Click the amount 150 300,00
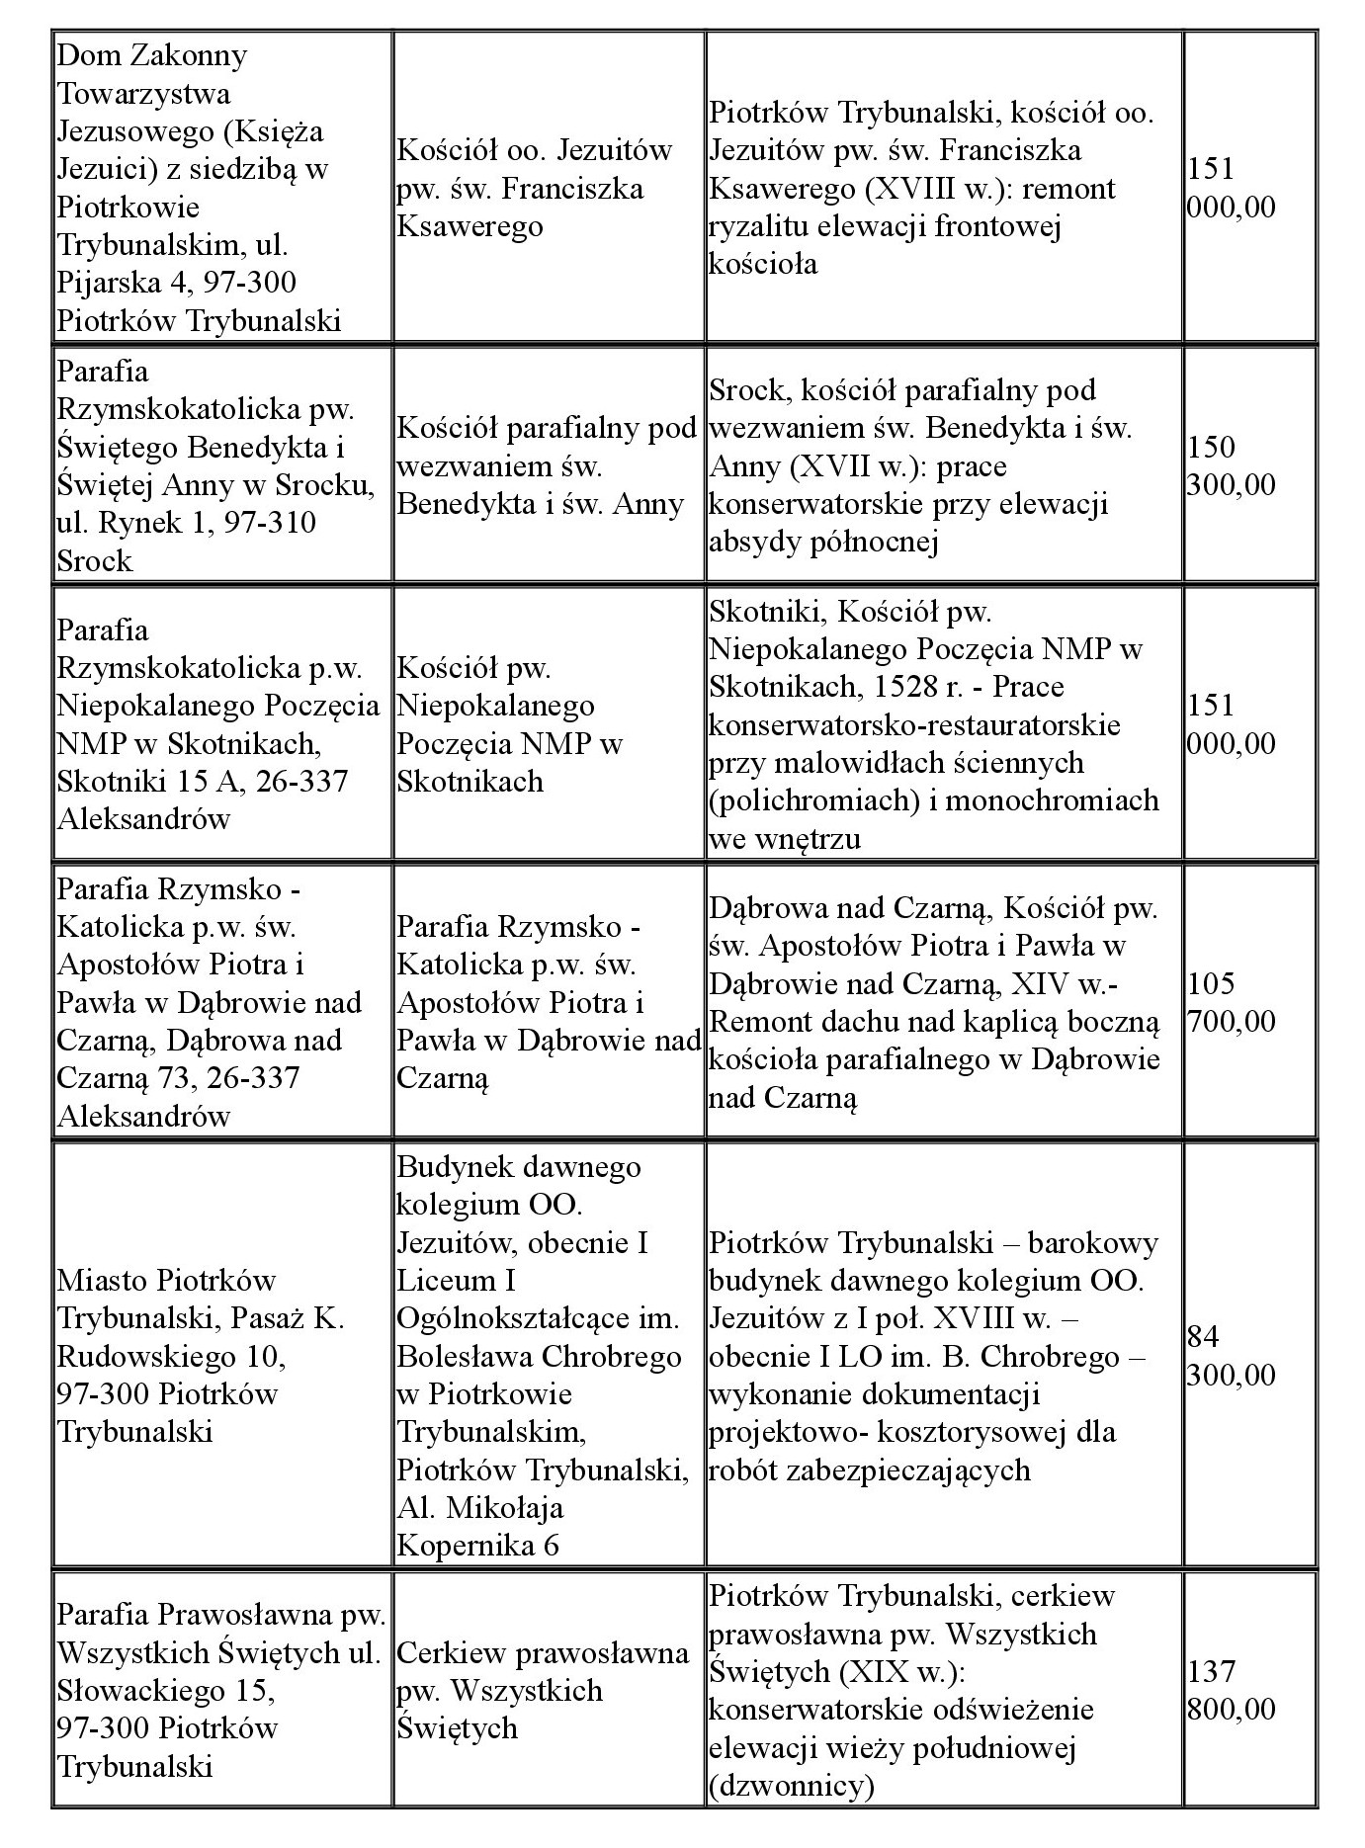(1230, 466)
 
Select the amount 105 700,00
(1230, 1002)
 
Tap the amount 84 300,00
(1230, 1356)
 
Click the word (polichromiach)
(809, 799)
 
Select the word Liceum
(448, 1281)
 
